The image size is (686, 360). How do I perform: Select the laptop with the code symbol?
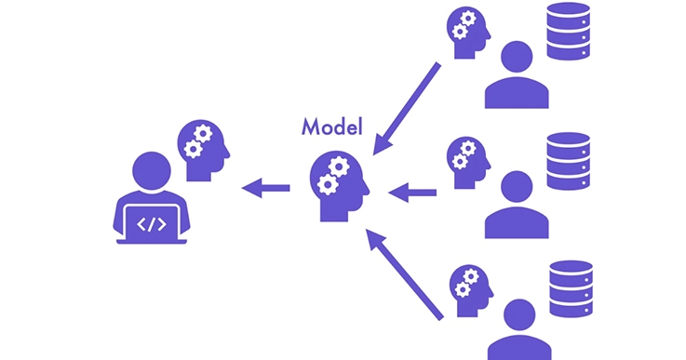point(151,222)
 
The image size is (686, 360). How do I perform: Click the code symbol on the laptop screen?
point(151,223)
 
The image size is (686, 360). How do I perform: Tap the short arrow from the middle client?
point(412,193)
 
